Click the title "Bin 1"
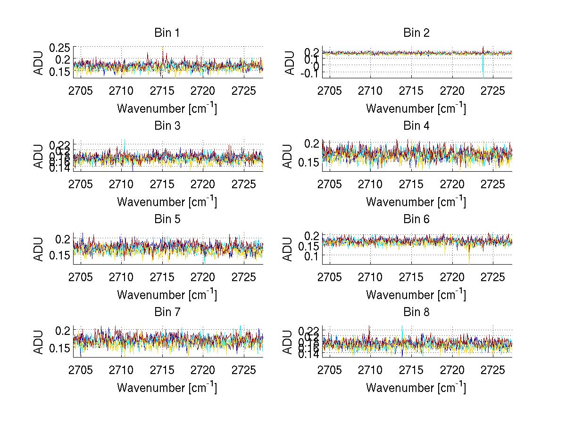166,33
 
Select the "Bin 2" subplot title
416,33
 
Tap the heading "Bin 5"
166,219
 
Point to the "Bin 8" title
416,312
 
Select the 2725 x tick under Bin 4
493,183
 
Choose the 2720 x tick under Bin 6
452,276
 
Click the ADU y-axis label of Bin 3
39,156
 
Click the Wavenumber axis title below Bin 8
416,388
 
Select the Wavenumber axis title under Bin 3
167,202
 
